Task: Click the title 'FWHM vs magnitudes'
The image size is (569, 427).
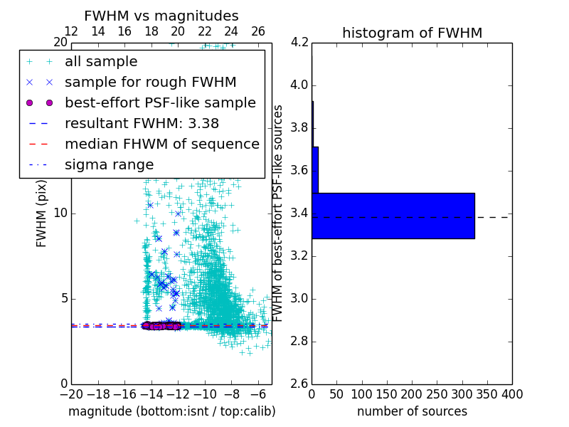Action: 161,16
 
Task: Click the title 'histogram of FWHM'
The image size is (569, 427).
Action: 412,33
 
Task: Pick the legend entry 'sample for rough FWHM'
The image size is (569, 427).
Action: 150,82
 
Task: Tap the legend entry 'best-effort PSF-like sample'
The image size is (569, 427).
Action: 160,102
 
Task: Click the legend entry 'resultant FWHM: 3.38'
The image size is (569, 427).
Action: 142,123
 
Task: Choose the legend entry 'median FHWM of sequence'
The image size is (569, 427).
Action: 161,144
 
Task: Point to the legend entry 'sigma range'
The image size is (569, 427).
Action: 109,164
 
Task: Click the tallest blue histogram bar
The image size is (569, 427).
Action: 393,216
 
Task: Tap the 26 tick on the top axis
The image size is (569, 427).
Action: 258,31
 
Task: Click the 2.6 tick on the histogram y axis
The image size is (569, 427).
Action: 299,384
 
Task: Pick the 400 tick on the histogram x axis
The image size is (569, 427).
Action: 512,394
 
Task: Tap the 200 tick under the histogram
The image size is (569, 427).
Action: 412,394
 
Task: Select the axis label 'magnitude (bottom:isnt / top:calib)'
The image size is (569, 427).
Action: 171,411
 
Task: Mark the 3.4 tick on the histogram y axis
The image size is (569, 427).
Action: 299,213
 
